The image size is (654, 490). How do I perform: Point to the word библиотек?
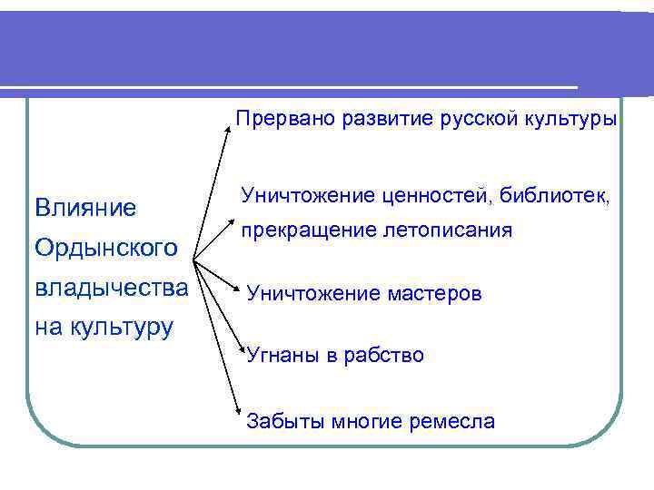click(x=560, y=194)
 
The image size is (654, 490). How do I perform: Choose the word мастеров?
click(x=431, y=294)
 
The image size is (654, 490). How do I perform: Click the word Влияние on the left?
click(x=85, y=208)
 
